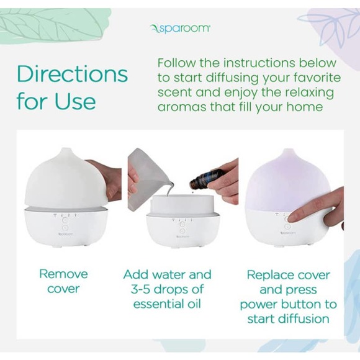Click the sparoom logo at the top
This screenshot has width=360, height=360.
pos(180,28)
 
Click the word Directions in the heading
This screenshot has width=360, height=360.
pos(72,74)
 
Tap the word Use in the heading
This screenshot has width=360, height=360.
pos(74,101)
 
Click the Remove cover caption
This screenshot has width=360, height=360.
pos(64,281)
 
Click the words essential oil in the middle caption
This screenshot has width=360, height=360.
pos(168,304)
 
